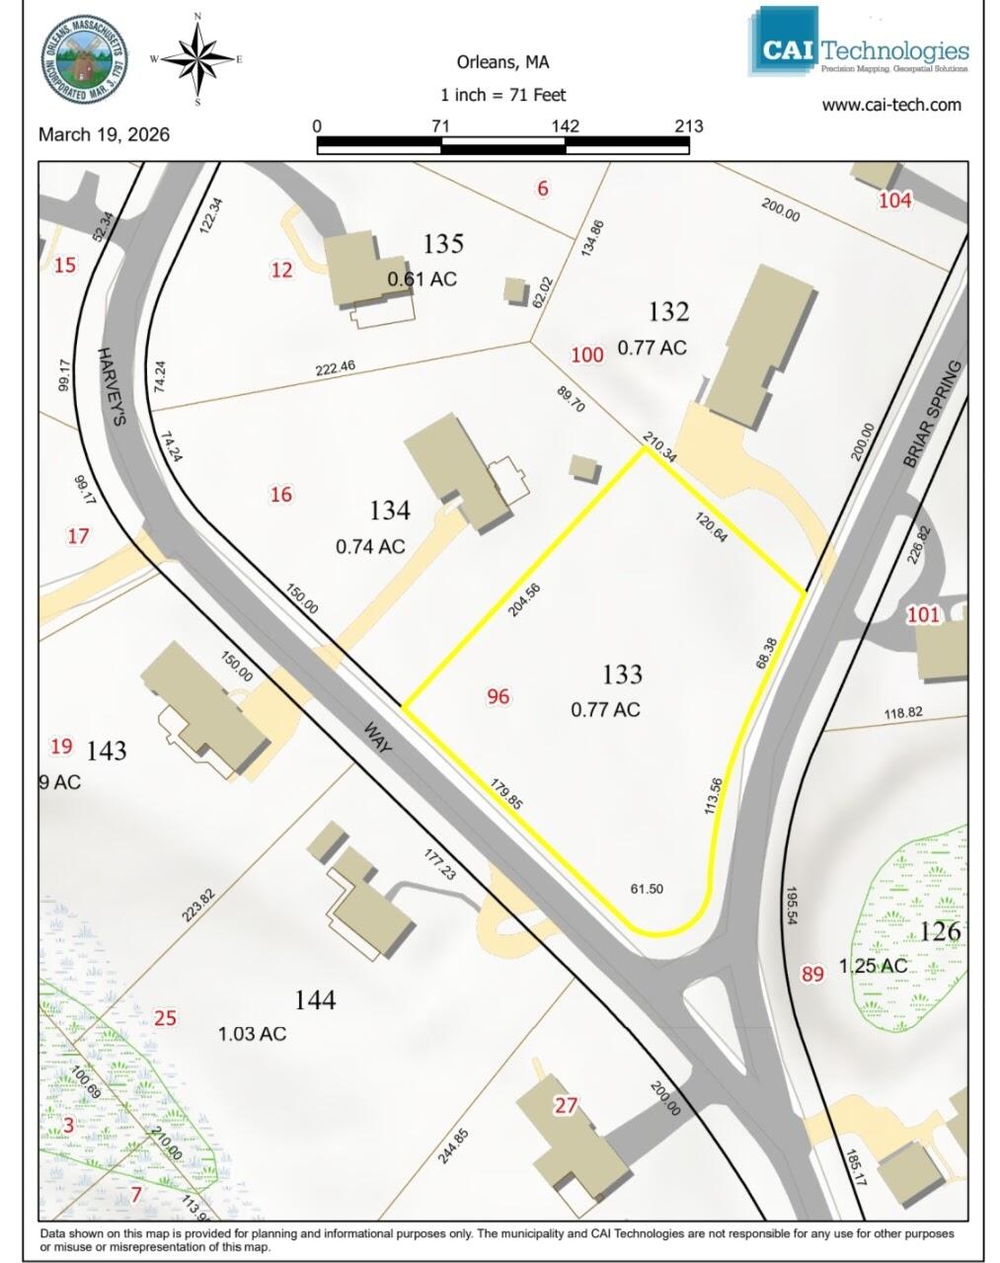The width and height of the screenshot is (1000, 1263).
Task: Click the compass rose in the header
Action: coord(198,58)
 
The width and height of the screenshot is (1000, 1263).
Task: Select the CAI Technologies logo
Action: coord(859,44)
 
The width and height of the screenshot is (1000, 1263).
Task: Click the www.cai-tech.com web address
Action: coord(890,105)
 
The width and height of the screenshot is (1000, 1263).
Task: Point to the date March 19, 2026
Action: coord(104,135)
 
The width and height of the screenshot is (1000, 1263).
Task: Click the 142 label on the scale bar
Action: coord(565,126)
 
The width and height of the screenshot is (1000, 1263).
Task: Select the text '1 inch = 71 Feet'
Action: coord(502,96)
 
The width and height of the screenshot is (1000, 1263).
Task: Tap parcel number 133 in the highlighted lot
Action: coord(622,674)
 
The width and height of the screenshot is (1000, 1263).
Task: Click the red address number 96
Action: coord(499,697)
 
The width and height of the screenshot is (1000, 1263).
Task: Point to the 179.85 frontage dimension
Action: coord(506,794)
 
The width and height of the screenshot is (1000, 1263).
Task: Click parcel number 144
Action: coord(315,1000)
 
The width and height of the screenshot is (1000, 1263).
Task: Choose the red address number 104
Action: coord(894,200)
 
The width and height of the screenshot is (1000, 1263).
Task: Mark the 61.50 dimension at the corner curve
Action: coord(647,889)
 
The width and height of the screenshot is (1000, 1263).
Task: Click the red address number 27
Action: coord(565,1105)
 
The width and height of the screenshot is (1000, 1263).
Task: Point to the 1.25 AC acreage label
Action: coord(873,966)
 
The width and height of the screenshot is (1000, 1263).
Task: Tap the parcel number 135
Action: coord(443,243)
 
